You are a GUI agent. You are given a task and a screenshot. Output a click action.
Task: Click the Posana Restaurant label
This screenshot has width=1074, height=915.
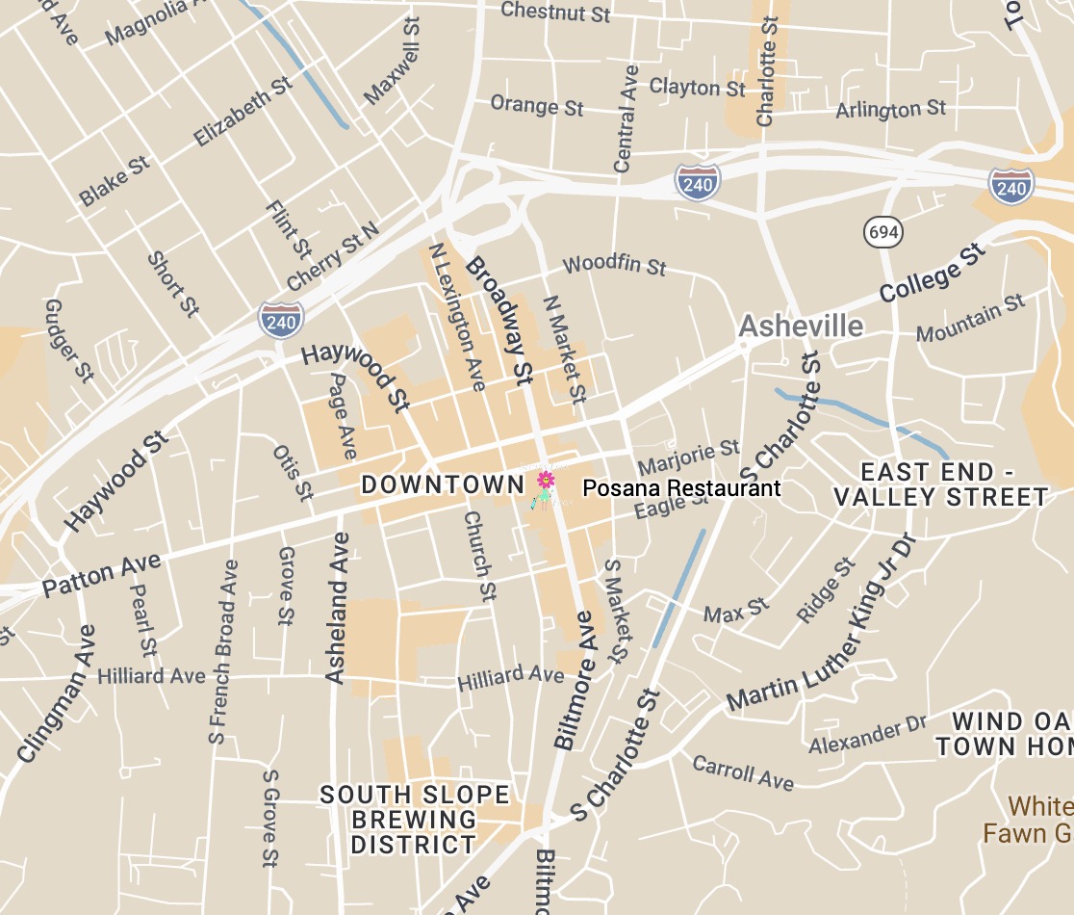tap(681, 488)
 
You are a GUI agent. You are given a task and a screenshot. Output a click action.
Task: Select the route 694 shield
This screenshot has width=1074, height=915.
tap(882, 231)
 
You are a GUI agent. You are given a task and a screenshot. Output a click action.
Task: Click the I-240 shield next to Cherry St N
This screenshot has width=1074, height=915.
tap(281, 320)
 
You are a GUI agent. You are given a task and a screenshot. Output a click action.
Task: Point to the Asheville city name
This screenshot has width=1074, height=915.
tap(801, 327)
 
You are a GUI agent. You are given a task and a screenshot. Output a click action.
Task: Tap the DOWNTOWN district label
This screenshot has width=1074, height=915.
tap(442, 484)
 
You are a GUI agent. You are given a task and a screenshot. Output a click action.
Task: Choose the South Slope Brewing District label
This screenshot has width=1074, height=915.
tap(415, 820)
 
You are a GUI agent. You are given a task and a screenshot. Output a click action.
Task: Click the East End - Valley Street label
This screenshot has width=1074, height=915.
tap(940, 484)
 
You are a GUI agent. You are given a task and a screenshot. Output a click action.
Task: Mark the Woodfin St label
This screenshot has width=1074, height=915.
tap(614, 265)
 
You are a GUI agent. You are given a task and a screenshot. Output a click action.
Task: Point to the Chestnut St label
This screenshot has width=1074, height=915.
tap(556, 13)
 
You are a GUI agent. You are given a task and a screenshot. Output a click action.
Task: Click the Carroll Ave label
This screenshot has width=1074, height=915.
tap(744, 772)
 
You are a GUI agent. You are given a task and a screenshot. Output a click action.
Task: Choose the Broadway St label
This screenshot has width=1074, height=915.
tap(499, 321)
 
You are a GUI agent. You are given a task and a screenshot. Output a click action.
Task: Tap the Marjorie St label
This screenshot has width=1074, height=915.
tap(689, 453)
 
